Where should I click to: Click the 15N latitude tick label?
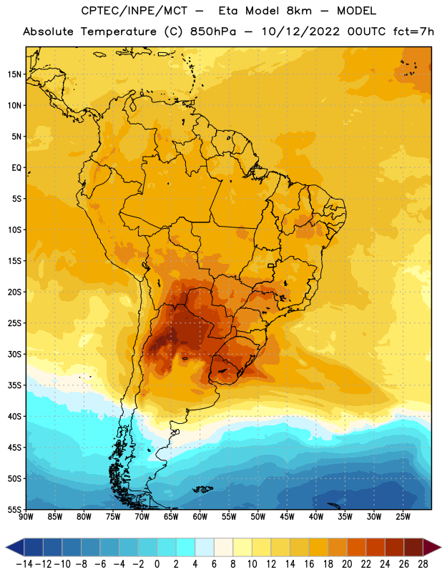(14, 74)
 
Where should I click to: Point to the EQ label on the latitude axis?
(16, 168)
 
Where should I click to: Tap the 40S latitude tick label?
(14, 416)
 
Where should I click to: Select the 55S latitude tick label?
(14, 509)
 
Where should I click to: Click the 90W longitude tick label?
(26, 516)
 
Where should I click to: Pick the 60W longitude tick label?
(200, 516)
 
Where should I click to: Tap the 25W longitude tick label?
(403, 516)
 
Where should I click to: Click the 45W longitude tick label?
(287, 516)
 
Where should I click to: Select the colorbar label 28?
(423, 564)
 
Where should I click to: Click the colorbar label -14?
(24, 564)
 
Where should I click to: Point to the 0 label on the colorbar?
(157, 564)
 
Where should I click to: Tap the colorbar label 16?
(309, 564)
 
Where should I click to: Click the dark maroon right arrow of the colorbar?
(431, 547)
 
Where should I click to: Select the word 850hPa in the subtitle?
(213, 31)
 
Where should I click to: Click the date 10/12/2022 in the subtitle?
(300, 31)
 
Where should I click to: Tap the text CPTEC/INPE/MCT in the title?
(134, 11)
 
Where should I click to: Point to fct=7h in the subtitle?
(413, 31)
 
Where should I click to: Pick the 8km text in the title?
(299, 11)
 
